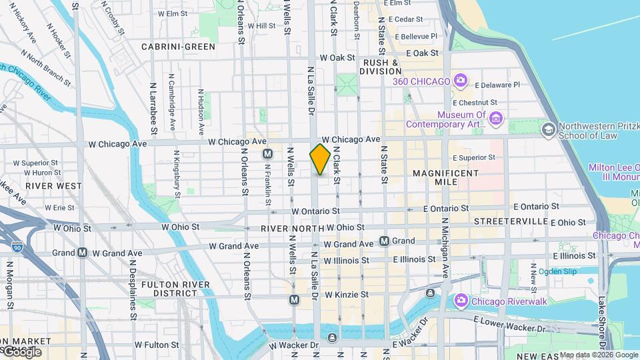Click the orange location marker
tap(320, 159)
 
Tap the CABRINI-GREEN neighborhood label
tap(178, 47)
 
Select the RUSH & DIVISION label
tap(380, 67)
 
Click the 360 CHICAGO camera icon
tap(461, 81)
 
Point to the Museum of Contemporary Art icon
tap(495, 119)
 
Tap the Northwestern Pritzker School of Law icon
tap(549, 129)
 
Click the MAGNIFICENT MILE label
tap(445, 177)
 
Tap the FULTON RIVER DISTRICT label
tap(167, 289)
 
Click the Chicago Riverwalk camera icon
tap(461, 301)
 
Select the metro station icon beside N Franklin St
tap(267, 153)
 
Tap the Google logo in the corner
tap(21, 351)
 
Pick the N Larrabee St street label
tap(153, 106)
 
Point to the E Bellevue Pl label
tap(417, 36)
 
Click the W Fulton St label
tap(157, 345)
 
